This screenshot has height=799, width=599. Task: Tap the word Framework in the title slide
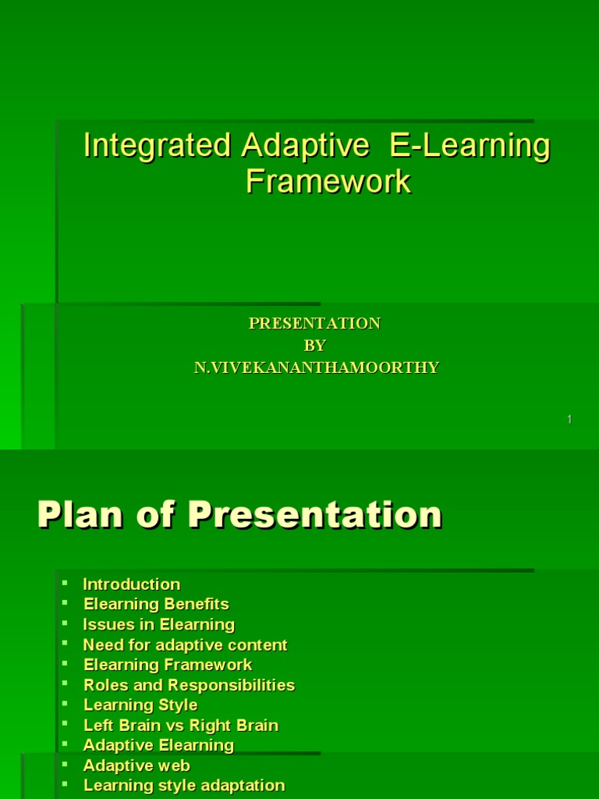328,181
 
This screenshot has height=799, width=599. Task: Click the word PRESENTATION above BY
314,323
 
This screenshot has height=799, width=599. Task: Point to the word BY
314,346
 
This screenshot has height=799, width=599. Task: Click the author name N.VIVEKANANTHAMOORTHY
316,368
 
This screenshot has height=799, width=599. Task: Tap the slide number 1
569,420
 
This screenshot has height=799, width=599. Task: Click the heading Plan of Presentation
239,515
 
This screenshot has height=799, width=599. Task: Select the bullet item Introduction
131,584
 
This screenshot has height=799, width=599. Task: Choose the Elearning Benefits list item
156,604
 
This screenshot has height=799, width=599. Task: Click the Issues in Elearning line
158,624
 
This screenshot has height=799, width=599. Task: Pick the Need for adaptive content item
185,645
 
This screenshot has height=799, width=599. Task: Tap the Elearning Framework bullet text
168,665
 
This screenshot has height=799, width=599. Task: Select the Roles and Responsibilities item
189,685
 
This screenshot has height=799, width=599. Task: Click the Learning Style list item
140,705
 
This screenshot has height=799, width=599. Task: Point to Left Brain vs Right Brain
180,725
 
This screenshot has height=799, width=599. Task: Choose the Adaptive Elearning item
158,745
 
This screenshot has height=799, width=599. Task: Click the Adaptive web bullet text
136,765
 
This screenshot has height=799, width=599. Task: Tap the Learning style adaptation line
184,786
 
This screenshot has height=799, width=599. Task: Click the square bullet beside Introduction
66,584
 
